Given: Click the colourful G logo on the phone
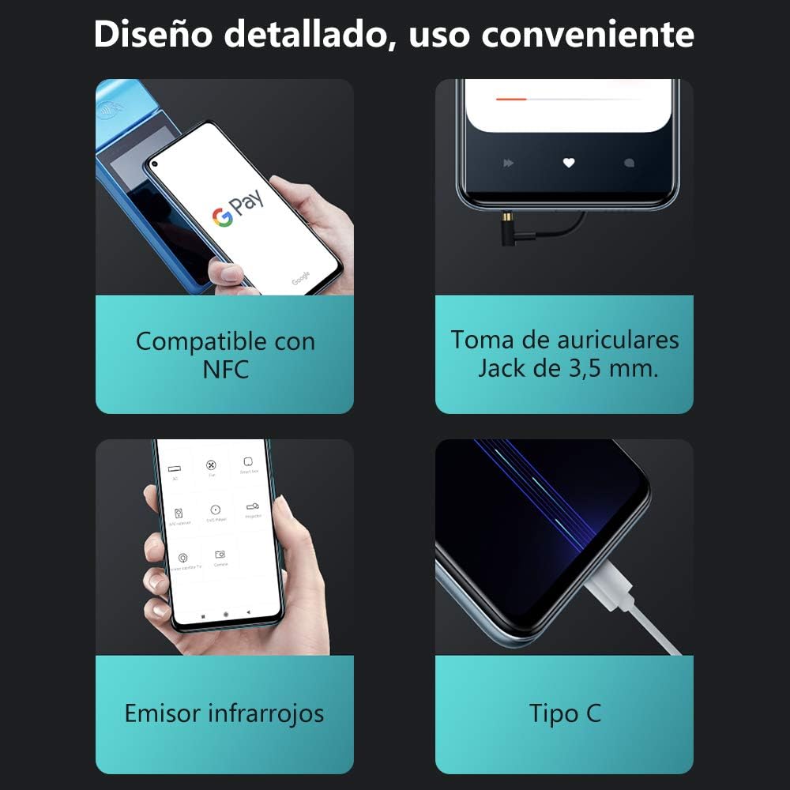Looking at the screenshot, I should point(223,216).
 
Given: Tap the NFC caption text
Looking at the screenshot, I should point(225,369).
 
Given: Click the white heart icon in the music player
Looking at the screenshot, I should point(568,163).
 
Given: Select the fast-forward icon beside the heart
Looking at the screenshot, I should point(508,163).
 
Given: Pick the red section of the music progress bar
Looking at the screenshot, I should point(511,99).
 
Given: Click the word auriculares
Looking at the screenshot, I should point(618,340).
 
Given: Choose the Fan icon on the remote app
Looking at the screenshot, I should point(211,465).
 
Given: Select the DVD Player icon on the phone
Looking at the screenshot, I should point(214,510).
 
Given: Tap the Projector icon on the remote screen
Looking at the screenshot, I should point(254,505).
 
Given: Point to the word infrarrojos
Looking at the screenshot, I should point(266,713).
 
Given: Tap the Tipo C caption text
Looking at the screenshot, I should point(564,713).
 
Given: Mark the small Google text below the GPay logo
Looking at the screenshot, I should point(300,278).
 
